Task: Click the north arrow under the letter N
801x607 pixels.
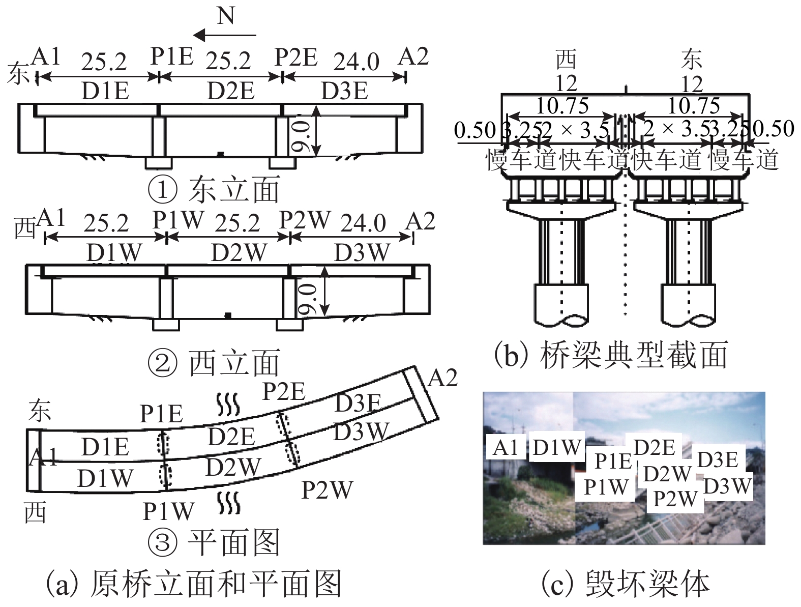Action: coord(225,35)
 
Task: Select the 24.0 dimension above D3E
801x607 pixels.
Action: coord(356,62)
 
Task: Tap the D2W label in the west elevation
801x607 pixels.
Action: coord(239,253)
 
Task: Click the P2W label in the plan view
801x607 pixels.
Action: coord(327,490)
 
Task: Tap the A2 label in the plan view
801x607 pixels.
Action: coord(442,378)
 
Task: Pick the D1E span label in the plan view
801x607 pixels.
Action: coord(105,447)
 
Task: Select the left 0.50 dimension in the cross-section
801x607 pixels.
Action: coord(474,130)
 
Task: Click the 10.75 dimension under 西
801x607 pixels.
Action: coord(562,106)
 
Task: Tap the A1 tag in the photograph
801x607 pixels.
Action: coord(506,447)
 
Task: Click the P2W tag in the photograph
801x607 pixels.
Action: coord(674,498)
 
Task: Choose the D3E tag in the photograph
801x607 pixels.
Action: coord(717,459)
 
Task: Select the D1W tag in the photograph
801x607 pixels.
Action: coord(556,447)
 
